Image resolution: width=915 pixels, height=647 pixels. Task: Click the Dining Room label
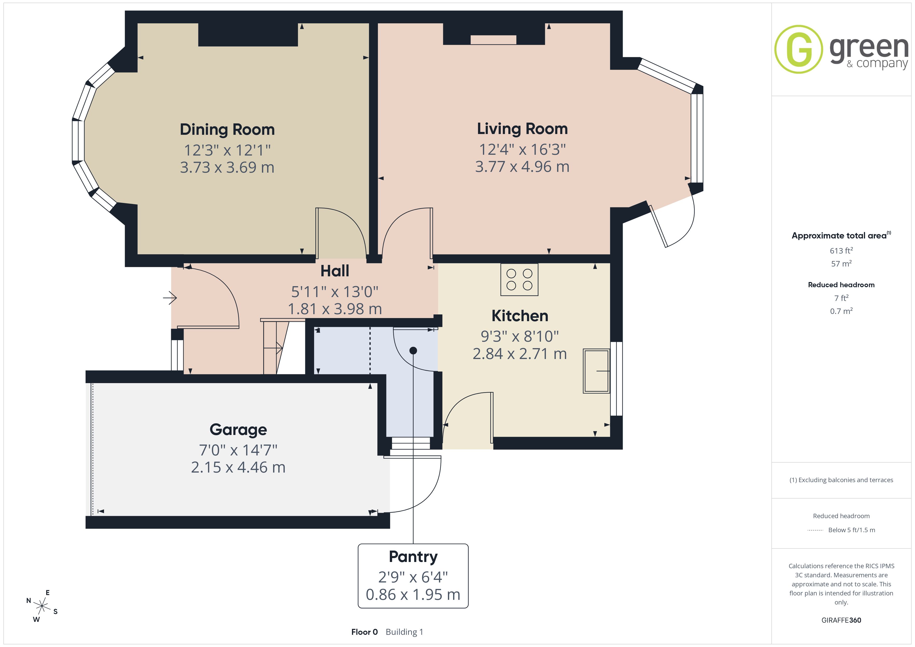pos(227,130)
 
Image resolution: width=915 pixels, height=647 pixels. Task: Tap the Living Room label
pos(522,129)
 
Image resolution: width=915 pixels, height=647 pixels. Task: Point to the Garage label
pos(238,430)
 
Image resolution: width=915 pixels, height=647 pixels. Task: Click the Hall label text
pos(335,271)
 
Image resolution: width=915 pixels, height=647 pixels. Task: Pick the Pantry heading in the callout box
pos(413,557)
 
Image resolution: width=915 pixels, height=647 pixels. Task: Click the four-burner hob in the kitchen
pos(519,279)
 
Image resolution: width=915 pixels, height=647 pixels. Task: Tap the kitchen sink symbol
pos(597,371)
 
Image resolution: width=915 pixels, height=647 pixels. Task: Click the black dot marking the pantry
pos(413,351)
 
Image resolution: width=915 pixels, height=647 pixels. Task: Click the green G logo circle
pos(798,50)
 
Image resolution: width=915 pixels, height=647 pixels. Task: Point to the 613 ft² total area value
pos(841,251)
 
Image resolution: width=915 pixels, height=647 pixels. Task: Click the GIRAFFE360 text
pos(841,620)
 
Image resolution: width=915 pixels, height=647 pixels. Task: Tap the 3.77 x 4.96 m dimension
pos(522,166)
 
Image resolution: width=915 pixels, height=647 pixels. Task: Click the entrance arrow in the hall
pos(170,298)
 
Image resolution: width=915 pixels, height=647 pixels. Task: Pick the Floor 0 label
pos(364,632)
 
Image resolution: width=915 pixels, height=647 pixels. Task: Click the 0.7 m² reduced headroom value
pos(841,311)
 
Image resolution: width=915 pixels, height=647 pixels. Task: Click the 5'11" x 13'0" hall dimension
pos(335,292)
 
